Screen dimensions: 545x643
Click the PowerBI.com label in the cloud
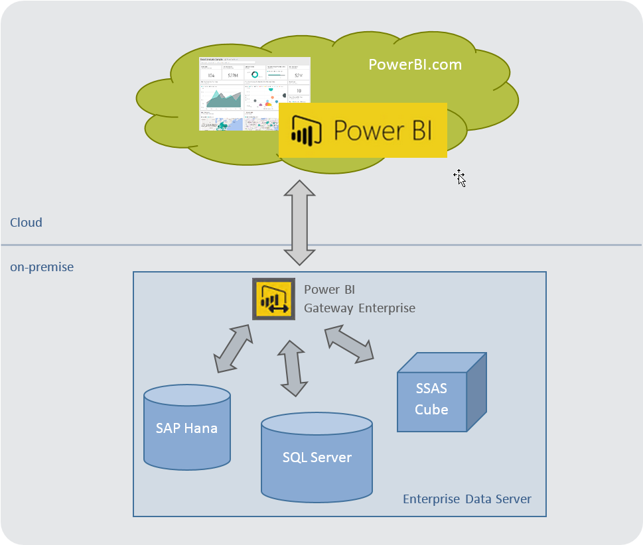click(415, 65)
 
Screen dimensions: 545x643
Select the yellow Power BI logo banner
click(362, 130)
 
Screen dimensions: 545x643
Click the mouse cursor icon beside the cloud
click(459, 178)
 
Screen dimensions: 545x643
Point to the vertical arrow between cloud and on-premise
click(300, 223)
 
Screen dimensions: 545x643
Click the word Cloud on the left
click(26, 223)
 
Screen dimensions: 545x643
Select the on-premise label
click(42, 267)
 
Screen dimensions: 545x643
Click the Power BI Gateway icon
click(273, 299)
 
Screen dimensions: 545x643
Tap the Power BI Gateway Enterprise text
click(359, 299)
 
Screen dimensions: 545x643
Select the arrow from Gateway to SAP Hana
click(233, 348)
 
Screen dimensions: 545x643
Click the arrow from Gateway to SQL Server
click(293, 368)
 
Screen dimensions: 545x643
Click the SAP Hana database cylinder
click(187, 428)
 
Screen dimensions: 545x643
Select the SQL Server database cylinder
click(317, 457)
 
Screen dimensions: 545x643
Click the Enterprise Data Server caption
click(467, 499)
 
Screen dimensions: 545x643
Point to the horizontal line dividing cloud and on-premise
click(133, 245)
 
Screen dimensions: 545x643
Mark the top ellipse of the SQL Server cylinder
click(317, 424)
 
